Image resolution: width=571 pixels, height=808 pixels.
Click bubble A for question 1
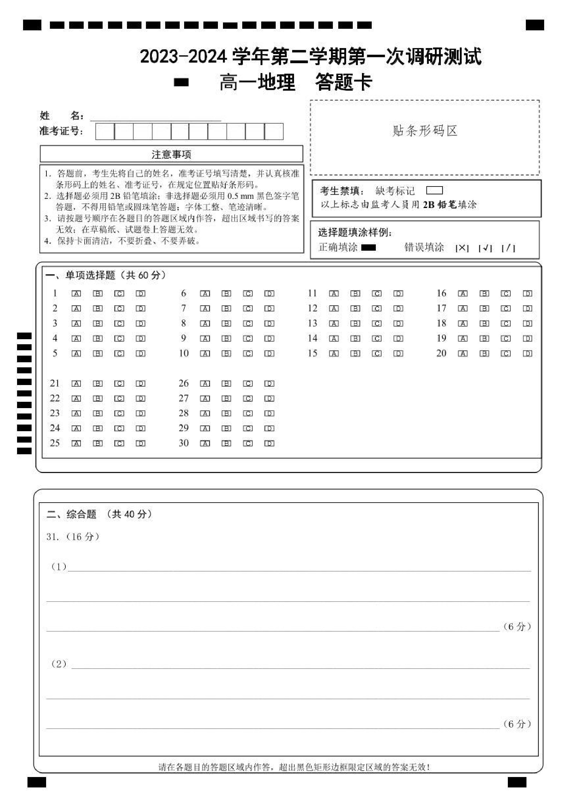(x=76, y=293)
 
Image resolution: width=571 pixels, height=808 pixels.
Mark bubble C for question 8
(x=248, y=323)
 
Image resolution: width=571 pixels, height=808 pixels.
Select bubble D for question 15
(x=398, y=353)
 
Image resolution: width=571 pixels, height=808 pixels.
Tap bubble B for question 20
(x=484, y=353)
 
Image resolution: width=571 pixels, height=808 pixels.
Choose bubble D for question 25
(x=141, y=444)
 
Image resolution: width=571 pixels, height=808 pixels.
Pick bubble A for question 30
(x=205, y=444)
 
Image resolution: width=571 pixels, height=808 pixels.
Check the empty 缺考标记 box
(x=434, y=190)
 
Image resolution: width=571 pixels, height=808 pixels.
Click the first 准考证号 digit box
(x=105, y=132)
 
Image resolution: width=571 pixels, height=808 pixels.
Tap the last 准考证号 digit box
(x=274, y=132)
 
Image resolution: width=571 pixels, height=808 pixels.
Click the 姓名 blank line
(x=155, y=117)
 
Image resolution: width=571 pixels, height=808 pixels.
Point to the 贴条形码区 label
(x=425, y=131)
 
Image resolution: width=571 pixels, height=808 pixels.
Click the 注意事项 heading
(x=171, y=155)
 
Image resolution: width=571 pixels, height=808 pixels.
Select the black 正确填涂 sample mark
(x=369, y=248)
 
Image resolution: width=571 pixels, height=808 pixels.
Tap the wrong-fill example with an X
(x=462, y=248)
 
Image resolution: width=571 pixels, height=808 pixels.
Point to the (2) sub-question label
(x=59, y=664)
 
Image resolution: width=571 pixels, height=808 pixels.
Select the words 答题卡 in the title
(x=344, y=83)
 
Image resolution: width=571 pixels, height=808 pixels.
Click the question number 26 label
(x=183, y=383)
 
